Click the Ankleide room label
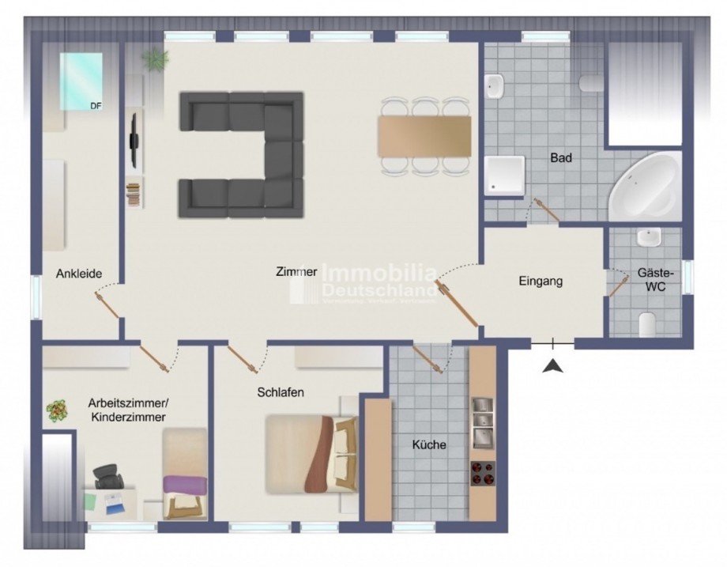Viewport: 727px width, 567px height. click(x=78, y=274)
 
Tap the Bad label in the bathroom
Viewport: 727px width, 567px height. click(x=561, y=158)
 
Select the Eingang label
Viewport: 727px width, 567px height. click(x=541, y=281)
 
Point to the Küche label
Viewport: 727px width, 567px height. click(x=429, y=444)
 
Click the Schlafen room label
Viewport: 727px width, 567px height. click(x=280, y=391)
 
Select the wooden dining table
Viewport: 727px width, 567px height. click(x=424, y=137)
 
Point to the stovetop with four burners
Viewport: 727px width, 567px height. click(x=482, y=474)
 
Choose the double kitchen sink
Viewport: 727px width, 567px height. click(x=482, y=422)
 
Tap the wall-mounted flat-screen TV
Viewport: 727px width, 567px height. click(x=134, y=141)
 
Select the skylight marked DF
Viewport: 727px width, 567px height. click(x=81, y=81)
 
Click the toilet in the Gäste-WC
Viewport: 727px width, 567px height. click(x=648, y=323)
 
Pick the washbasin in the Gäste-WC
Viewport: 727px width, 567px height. click(x=649, y=237)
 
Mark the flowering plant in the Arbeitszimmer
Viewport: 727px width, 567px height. click(x=57, y=410)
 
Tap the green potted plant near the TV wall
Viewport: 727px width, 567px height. click(x=156, y=58)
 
